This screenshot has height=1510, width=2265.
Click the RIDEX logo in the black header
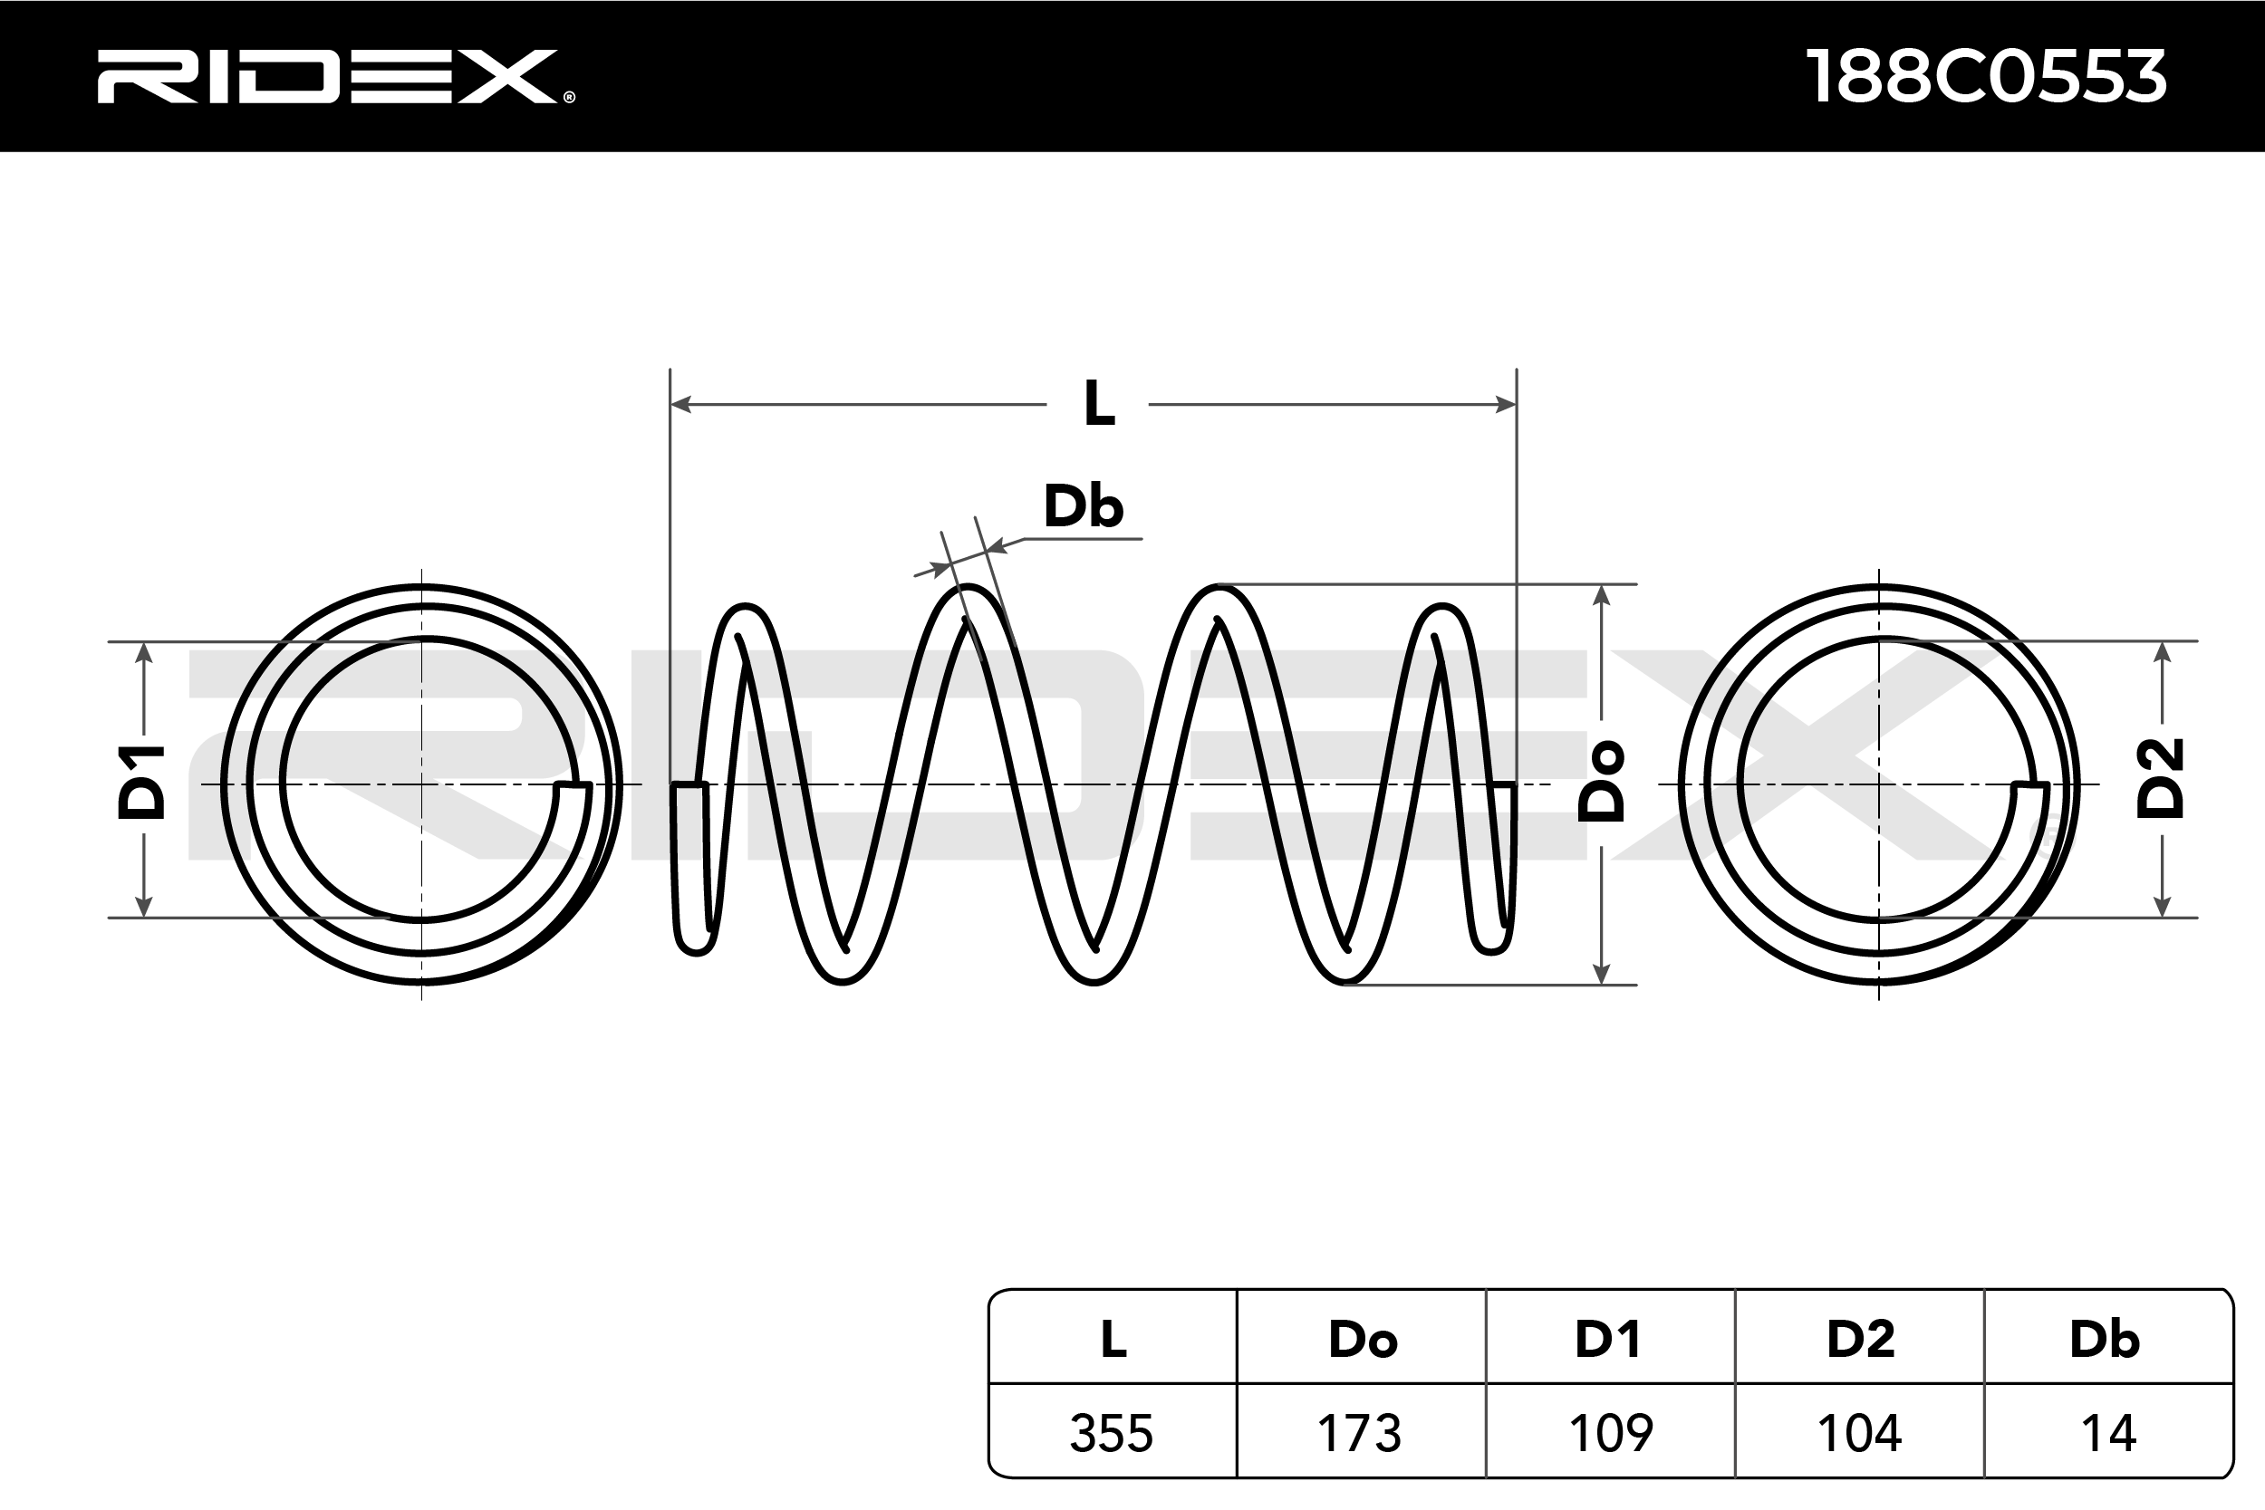point(335,76)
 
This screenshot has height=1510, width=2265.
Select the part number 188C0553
point(1986,77)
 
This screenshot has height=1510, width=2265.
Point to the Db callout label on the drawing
point(1084,506)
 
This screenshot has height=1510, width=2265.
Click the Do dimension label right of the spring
point(1602,782)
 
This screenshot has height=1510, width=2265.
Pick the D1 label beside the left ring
point(141,782)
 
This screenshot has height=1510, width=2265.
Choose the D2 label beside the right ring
point(2160,779)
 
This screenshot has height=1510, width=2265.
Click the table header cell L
point(1113,1340)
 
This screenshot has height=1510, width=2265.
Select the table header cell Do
point(1363,1340)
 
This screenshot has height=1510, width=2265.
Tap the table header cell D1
point(1608,1340)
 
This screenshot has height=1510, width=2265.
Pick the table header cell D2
point(1861,1340)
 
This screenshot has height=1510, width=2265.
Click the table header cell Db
point(2106,1340)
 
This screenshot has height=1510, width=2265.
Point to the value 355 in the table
point(1112,1433)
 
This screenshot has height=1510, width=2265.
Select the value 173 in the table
point(1360,1433)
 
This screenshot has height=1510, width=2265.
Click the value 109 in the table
point(1610,1433)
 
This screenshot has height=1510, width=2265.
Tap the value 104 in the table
point(1858,1433)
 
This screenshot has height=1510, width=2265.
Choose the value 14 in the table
point(2109,1433)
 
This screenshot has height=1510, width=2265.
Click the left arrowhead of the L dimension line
point(680,405)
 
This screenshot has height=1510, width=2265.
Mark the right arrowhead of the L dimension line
point(1505,405)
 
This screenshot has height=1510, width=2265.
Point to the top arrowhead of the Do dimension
point(1602,595)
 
